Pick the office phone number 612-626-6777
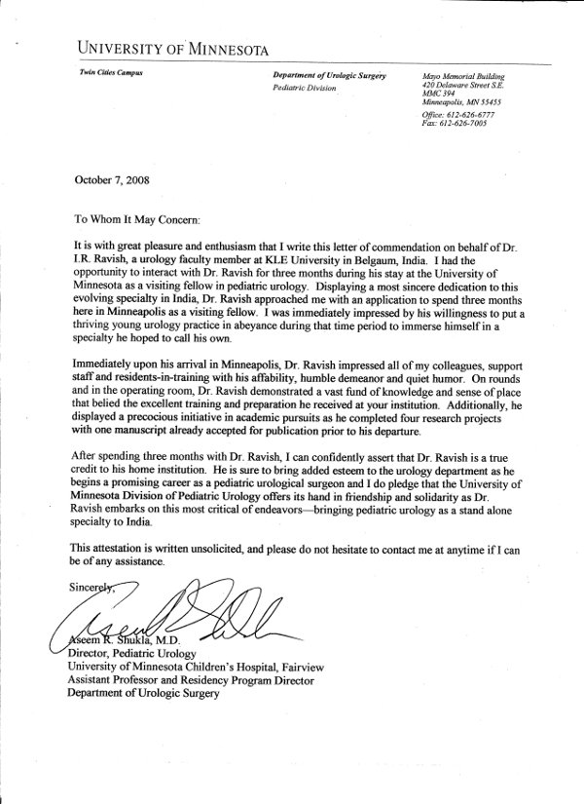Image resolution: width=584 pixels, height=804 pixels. (x=459, y=115)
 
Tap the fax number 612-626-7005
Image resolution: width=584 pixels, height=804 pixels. (x=456, y=124)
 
